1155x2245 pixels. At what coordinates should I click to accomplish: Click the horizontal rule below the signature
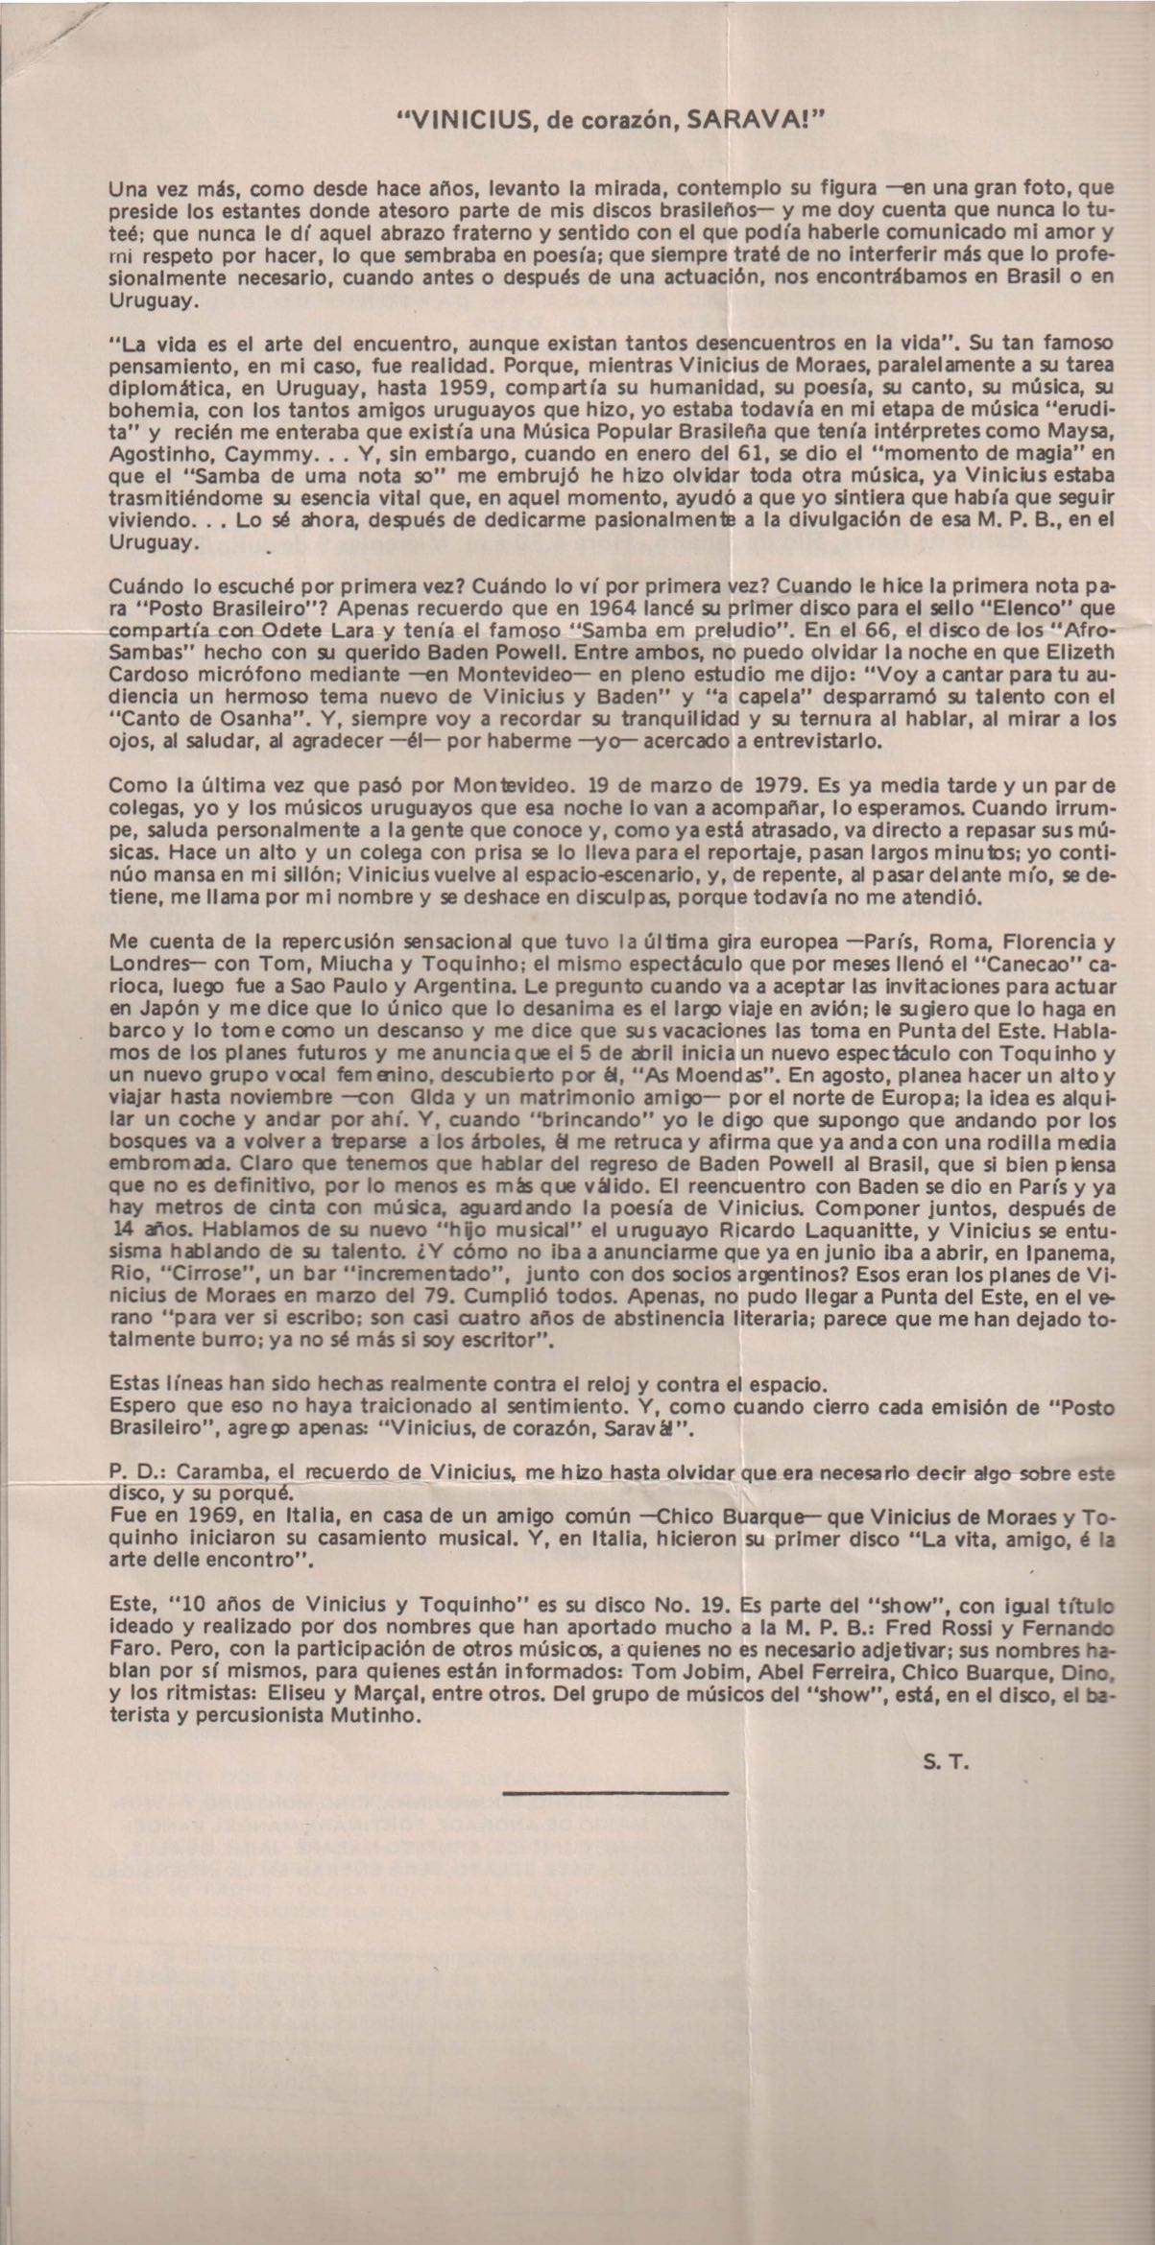pos(614,1791)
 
